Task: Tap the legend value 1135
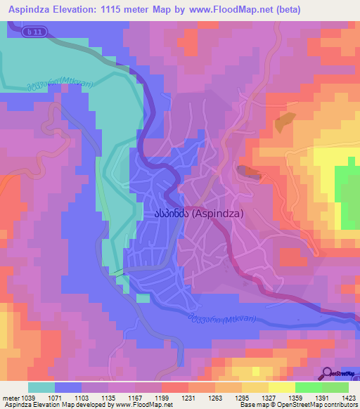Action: coord(108,397)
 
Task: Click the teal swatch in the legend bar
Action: coord(41,387)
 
